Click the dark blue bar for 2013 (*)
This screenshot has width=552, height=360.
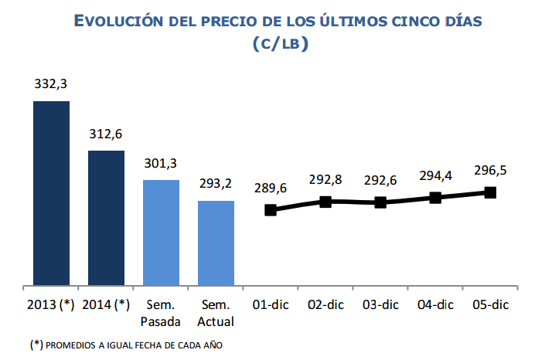click(51, 193)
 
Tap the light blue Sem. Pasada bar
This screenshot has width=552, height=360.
click(161, 233)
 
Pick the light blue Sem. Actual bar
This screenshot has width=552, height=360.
click(216, 243)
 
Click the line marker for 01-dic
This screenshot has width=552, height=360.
click(271, 210)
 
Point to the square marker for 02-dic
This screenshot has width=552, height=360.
click(325, 202)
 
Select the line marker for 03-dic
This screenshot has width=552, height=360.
click(380, 202)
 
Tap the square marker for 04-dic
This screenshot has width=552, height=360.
click(435, 198)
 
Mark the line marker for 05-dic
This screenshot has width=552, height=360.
click(489, 192)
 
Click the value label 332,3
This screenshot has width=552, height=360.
click(51, 84)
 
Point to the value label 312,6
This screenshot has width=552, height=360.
click(106, 134)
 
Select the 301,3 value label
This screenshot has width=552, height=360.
click(161, 163)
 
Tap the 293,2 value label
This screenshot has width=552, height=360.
click(216, 184)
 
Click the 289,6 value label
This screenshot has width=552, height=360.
click(271, 188)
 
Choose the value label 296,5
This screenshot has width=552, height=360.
click(489, 171)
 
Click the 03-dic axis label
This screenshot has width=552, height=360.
click(380, 304)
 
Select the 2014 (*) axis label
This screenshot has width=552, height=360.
click(106, 304)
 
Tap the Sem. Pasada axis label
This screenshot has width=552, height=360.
click(161, 312)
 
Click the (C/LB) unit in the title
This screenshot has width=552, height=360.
click(280, 45)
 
